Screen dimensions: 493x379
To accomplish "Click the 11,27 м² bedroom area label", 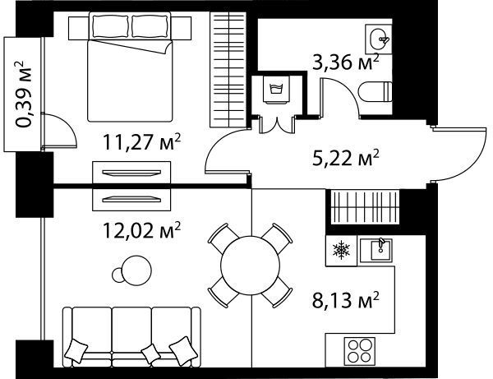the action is click(x=142, y=142).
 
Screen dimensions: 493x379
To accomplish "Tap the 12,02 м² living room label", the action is click(x=142, y=230).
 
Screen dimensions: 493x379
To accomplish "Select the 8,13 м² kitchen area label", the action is click(x=346, y=300).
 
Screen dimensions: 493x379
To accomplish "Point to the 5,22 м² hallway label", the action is click(x=346, y=158).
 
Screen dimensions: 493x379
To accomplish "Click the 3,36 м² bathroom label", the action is click(x=346, y=62).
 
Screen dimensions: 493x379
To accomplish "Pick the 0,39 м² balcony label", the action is click(x=23, y=94).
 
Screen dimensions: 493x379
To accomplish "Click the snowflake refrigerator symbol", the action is click(x=342, y=251).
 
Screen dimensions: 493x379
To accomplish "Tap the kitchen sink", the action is click(x=376, y=250).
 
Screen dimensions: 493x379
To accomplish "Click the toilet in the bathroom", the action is click(x=376, y=92).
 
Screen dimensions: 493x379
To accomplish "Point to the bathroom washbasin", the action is click(x=379, y=39).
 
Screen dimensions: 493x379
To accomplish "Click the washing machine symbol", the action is click(x=276, y=89).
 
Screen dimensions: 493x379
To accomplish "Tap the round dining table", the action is click(x=251, y=266).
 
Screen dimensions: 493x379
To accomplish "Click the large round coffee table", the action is click(x=136, y=270).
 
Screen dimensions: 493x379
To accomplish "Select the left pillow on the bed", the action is click(x=111, y=26).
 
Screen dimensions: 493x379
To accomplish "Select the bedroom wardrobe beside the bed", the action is click(x=228, y=70).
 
